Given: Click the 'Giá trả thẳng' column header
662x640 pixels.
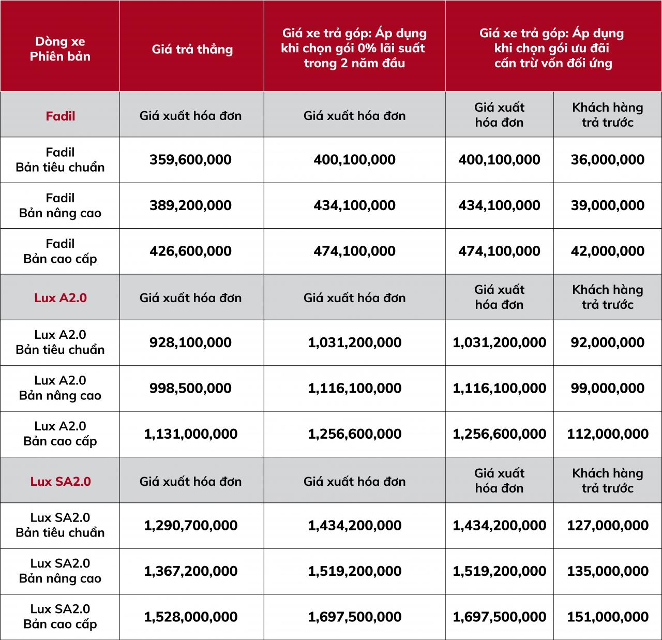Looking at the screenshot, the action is click(192, 50).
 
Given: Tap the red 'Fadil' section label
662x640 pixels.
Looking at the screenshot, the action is click(60, 116).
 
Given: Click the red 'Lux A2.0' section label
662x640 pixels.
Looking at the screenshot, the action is click(60, 297).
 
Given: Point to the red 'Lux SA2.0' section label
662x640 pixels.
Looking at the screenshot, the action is click(60, 482).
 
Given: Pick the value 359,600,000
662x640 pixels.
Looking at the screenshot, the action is click(190, 159).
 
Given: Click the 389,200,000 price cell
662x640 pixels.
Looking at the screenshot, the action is click(190, 205).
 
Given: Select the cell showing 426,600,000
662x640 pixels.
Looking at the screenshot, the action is click(190, 251).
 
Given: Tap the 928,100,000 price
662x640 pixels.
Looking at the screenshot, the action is click(190, 343).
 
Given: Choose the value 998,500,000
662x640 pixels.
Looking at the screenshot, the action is click(190, 388).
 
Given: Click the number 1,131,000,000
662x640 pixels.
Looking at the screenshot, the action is click(190, 434).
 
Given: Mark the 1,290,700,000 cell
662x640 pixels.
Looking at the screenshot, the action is click(190, 525).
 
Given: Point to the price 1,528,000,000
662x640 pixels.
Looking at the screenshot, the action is click(190, 617).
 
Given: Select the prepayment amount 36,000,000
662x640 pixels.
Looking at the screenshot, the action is click(608, 159).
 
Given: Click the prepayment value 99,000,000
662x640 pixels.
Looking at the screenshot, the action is click(608, 388).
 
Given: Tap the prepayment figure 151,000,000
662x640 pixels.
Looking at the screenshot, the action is click(608, 617).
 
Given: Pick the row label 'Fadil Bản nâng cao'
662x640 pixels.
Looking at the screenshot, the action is click(60, 205).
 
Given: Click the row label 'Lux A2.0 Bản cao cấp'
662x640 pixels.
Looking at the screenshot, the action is click(60, 434).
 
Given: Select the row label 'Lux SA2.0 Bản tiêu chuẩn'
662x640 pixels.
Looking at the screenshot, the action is click(60, 525).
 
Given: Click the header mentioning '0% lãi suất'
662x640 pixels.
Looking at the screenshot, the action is click(354, 48).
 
